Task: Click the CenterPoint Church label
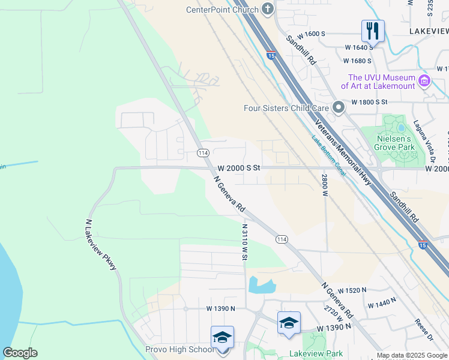click(222, 10)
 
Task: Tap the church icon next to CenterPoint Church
click(268, 10)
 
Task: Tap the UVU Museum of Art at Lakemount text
click(381, 82)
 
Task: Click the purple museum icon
click(424, 80)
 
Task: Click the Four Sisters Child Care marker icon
click(338, 108)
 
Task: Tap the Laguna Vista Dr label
click(424, 142)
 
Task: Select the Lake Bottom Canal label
click(328, 155)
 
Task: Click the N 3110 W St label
click(244, 242)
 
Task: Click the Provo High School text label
click(179, 349)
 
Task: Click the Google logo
click(20, 353)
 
